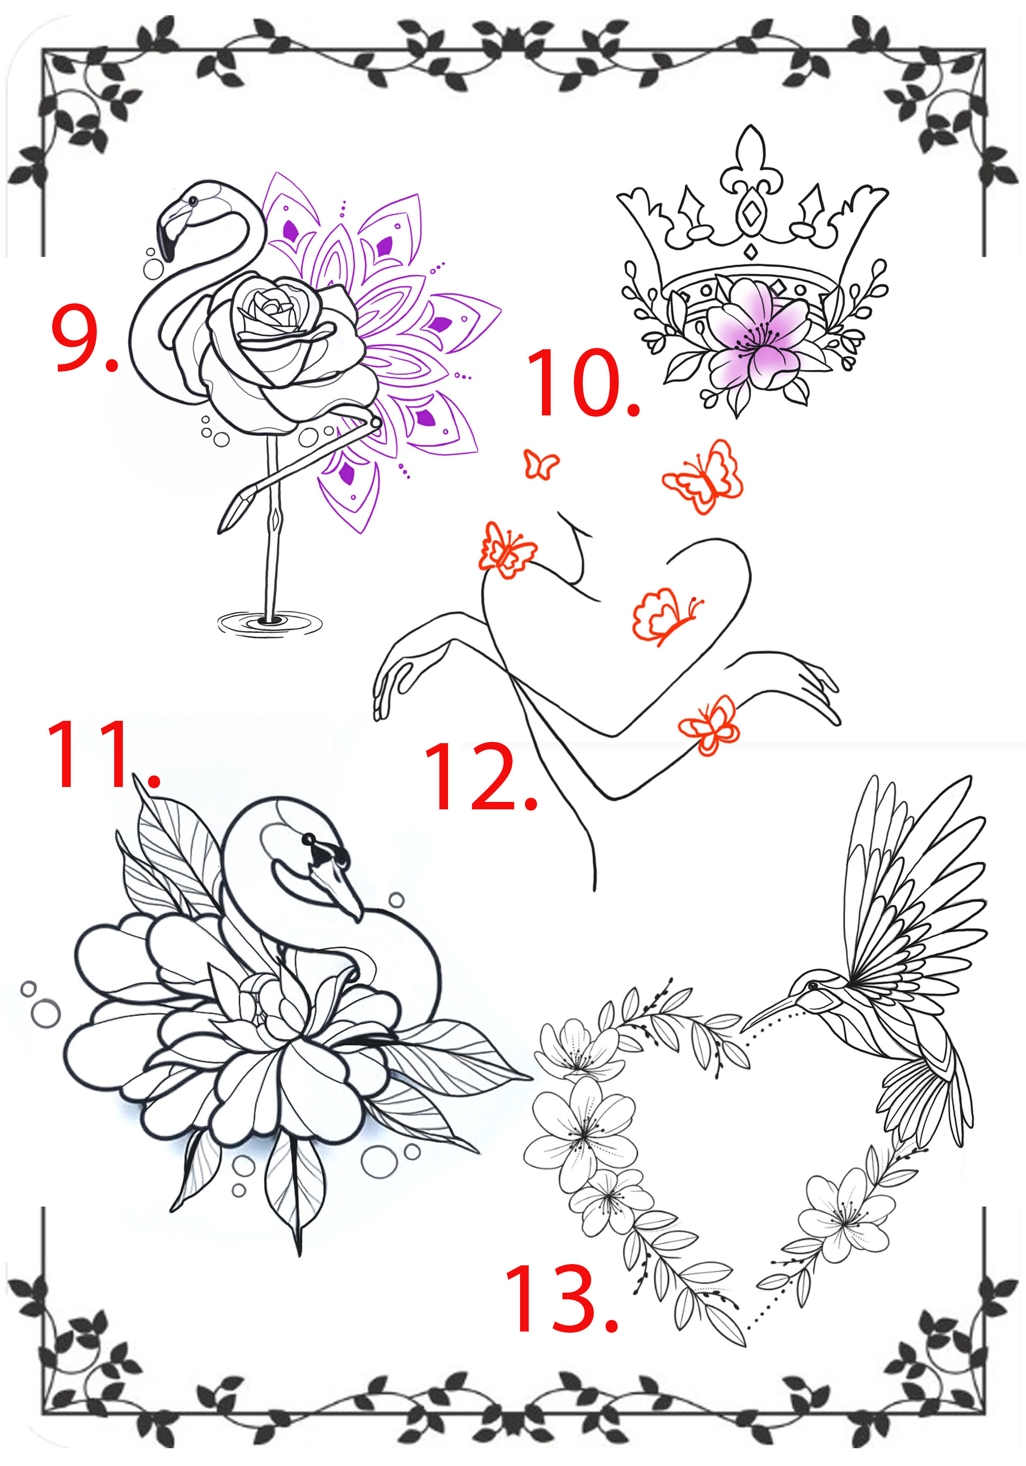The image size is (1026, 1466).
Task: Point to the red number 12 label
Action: (480, 776)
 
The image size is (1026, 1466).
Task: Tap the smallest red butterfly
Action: (541, 464)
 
